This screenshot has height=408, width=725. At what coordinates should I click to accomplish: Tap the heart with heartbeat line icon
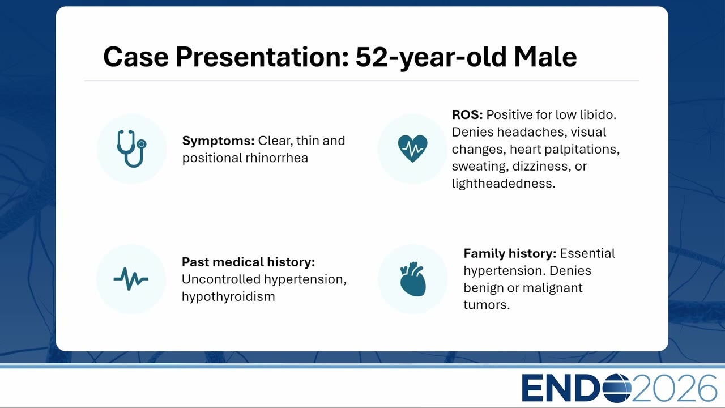(x=413, y=148)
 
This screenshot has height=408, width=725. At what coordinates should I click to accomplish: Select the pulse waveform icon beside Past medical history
(x=131, y=279)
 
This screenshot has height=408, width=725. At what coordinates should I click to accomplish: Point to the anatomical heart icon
(x=413, y=279)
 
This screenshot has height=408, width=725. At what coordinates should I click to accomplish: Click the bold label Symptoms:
(x=219, y=141)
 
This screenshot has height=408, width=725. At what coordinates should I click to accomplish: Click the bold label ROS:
(x=467, y=114)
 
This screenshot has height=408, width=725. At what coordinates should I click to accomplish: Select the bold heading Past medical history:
(x=248, y=262)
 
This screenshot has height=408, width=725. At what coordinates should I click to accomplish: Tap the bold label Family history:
(x=510, y=253)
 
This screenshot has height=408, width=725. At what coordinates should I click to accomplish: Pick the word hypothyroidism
(x=228, y=297)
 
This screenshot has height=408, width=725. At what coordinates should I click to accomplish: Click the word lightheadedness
(x=504, y=184)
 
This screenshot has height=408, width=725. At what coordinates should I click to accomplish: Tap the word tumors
(x=487, y=305)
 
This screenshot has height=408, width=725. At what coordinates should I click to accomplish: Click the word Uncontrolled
(x=221, y=279)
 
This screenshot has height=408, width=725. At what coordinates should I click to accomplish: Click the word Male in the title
(x=545, y=57)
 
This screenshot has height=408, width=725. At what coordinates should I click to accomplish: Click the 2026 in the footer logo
(x=674, y=388)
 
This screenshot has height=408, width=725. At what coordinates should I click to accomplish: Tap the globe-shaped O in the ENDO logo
(x=617, y=388)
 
